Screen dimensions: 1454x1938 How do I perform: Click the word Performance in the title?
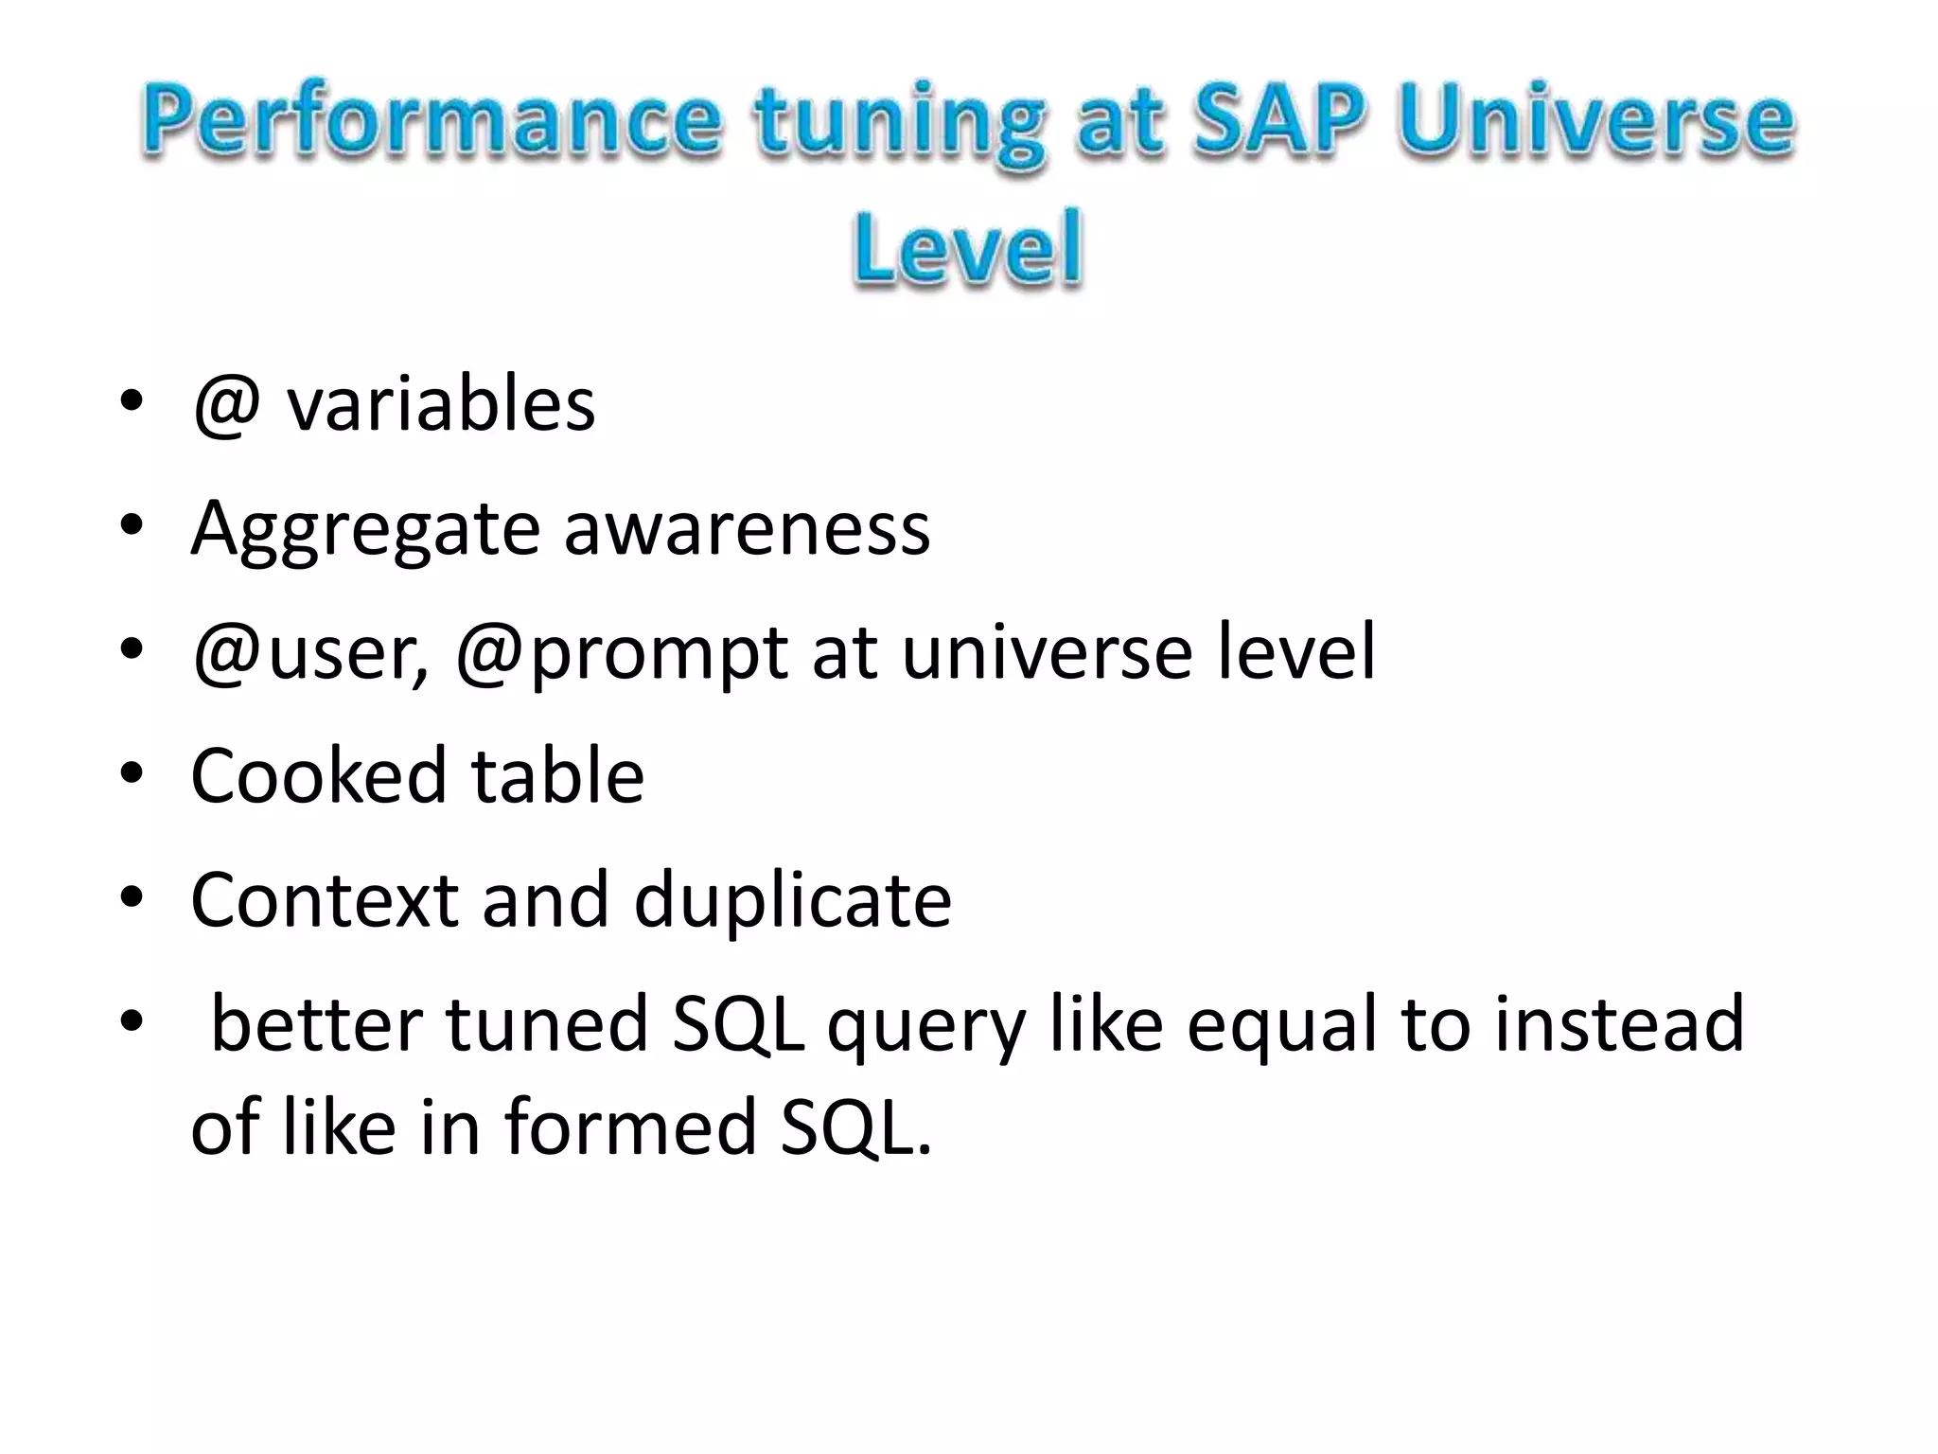click(432, 123)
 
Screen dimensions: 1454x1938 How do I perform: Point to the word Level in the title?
click(966, 248)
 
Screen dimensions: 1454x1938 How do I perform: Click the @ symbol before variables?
click(226, 404)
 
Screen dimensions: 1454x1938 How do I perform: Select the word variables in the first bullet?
click(441, 404)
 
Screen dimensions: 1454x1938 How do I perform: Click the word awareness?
click(747, 528)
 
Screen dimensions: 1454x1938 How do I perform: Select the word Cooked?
click(318, 775)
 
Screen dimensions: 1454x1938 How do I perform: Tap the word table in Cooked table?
click(558, 775)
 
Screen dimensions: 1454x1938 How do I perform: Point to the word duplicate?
click(792, 901)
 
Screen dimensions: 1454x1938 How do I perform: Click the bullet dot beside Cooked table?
click(132, 773)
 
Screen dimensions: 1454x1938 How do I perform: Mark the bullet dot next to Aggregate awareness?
click(132, 525)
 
